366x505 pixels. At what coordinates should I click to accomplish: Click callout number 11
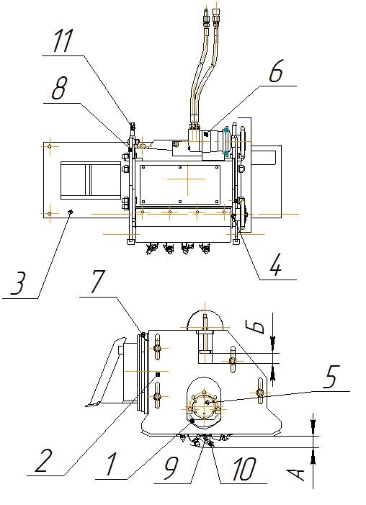[x=63, y=40]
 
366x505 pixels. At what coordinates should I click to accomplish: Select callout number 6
[x=276, y=71]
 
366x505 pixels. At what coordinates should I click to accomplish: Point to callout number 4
[x=275, y=264]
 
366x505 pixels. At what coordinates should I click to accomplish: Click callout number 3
[x=18, y=283]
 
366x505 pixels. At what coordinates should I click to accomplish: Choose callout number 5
[x=329, y=376]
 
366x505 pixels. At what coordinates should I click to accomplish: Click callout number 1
[x=111, y=464]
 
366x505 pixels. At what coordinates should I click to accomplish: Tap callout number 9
[x=171, y=468]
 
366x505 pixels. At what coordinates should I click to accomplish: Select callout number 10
[x=244, y=468]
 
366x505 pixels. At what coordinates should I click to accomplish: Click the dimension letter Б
[x=258, y=326]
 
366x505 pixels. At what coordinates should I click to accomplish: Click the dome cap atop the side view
[x=205, y=319]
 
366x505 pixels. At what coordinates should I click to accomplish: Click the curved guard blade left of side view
[x=102, y=370]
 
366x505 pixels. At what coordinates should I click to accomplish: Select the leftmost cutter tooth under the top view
[x=151, y=249]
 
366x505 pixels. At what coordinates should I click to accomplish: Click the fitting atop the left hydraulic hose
[x=205, y=15]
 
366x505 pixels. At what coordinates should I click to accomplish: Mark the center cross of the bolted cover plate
[x=188, y=179]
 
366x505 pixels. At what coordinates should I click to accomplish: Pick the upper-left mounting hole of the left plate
[x=49, y=146]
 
